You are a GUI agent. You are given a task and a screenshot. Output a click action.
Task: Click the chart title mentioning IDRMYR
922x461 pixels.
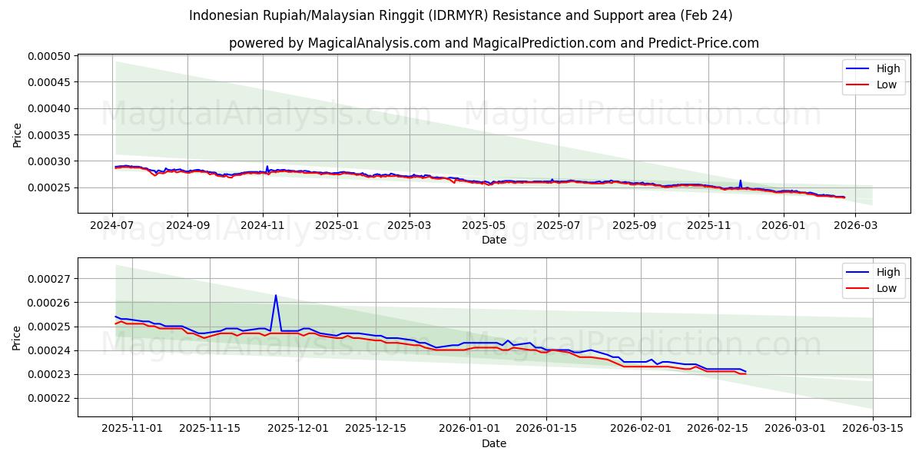[460, 15]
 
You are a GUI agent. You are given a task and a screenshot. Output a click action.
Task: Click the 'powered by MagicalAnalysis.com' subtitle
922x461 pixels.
[493, 43]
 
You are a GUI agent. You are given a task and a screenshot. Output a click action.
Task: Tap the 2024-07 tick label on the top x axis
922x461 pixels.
[113, 226]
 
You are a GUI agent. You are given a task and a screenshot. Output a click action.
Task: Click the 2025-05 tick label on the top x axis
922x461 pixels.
[484, 226]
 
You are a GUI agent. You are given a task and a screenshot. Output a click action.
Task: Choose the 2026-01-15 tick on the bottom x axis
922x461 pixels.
[546, 429]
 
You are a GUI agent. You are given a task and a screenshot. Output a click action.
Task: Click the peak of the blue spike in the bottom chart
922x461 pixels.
[276, 295]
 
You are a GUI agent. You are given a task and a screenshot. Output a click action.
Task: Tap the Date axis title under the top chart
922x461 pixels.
[493, 240]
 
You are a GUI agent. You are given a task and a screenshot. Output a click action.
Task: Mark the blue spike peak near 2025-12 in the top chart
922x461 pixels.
[741, 181]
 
